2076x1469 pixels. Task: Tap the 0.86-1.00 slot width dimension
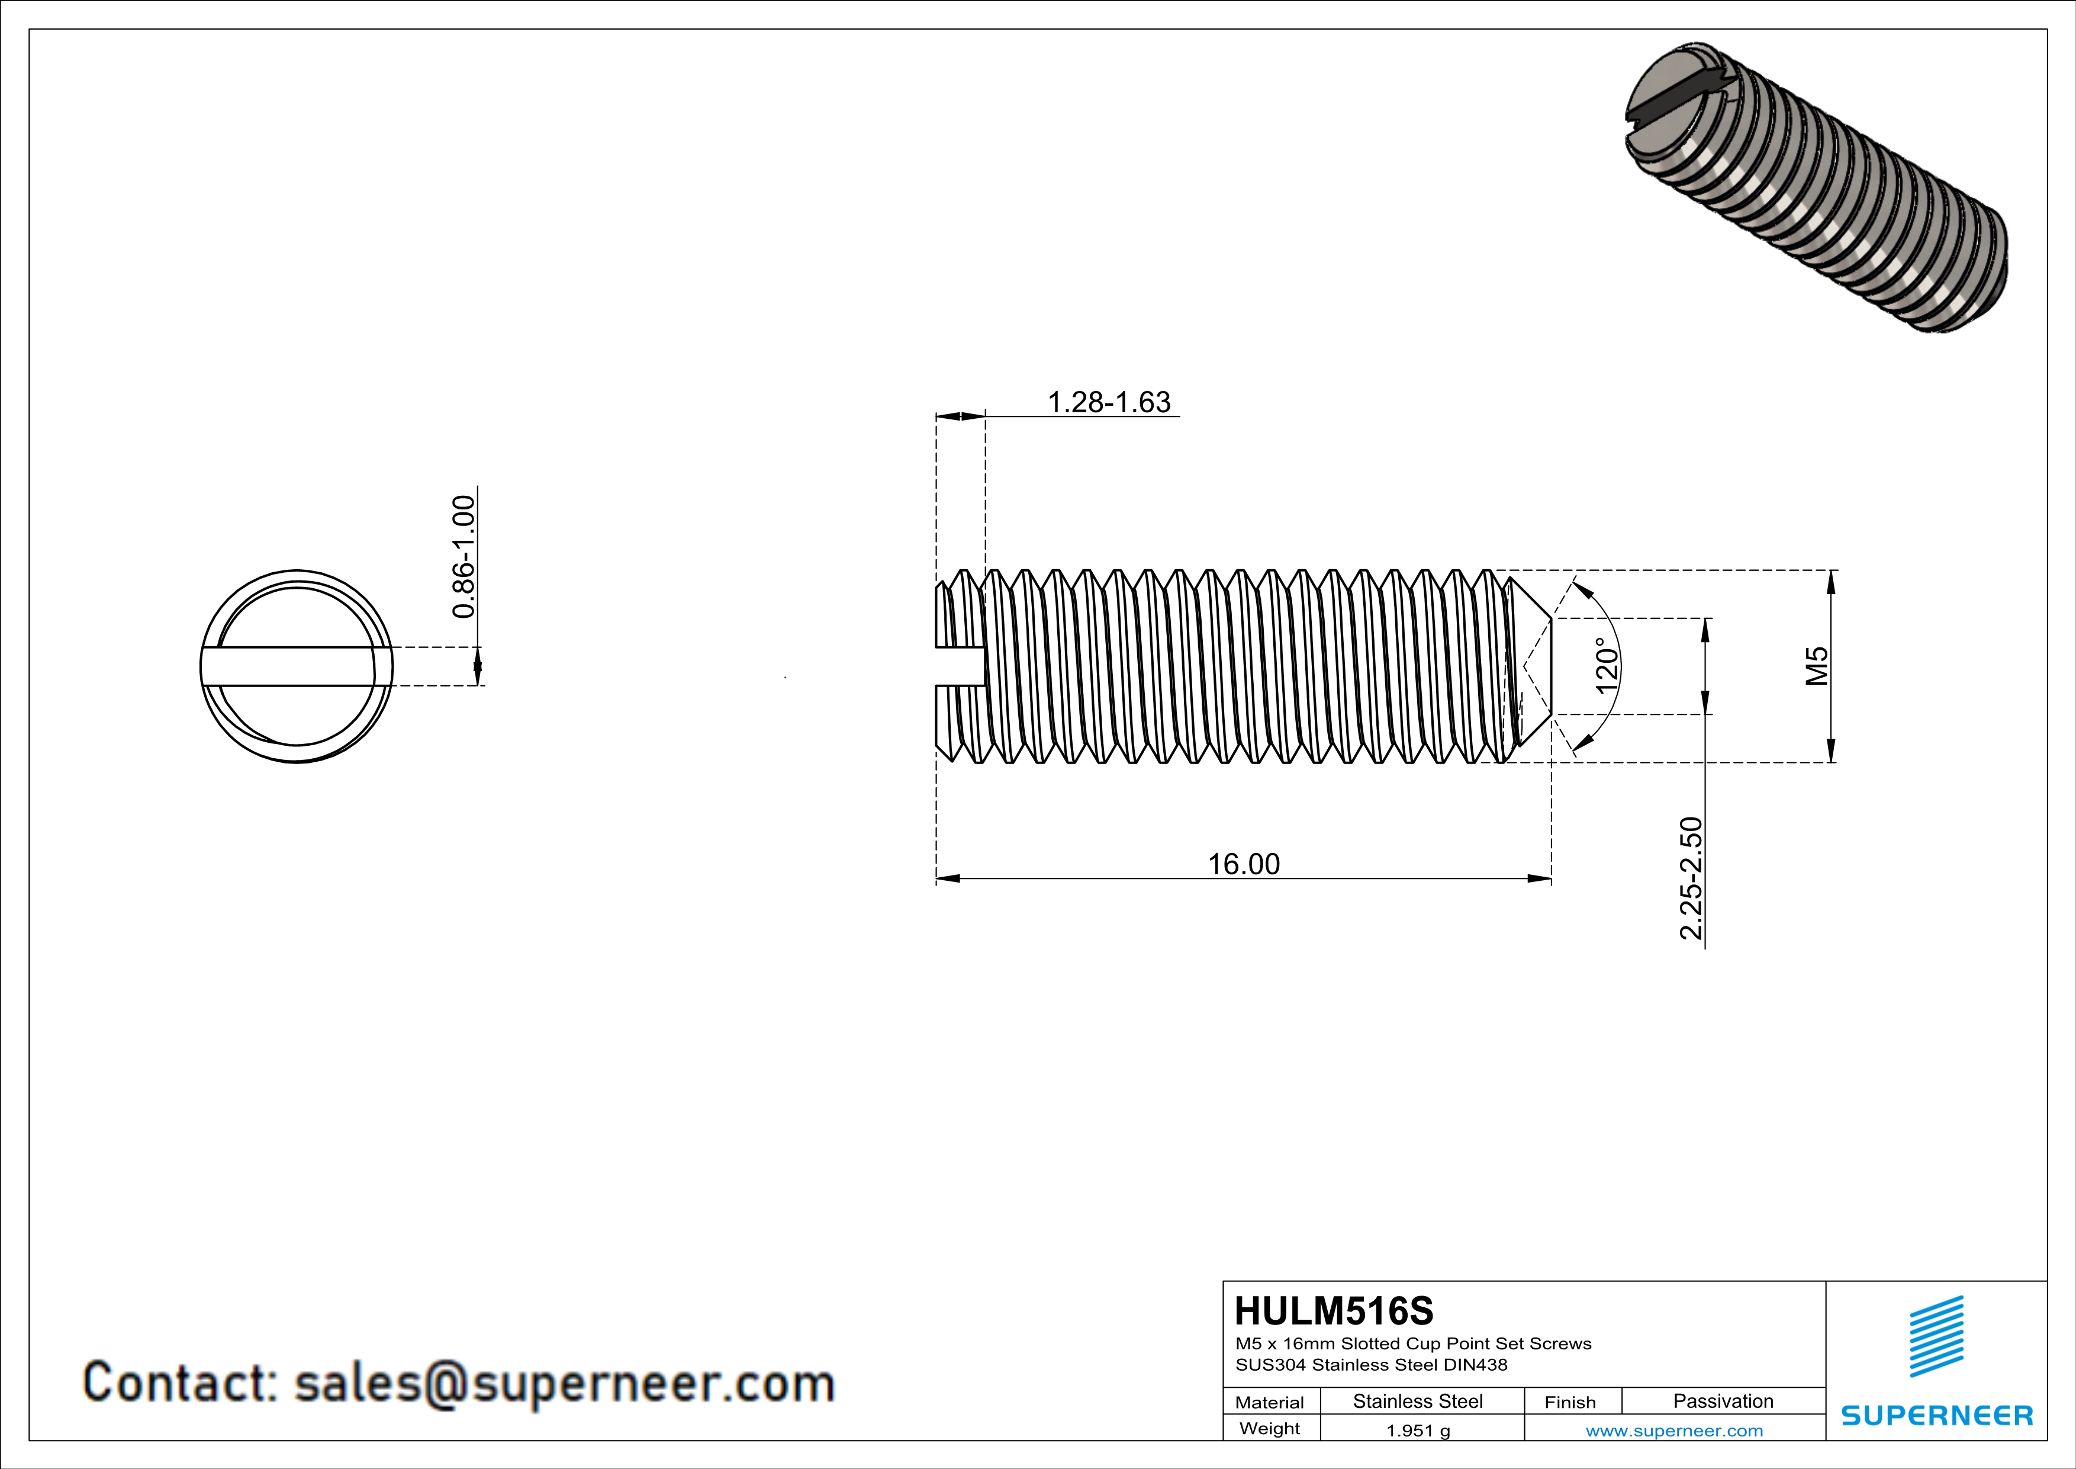click(463, 556)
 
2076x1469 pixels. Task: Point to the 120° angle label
click(1606, 666)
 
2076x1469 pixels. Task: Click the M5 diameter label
click(1817, 666)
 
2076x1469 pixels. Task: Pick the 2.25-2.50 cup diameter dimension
click(1691, 878)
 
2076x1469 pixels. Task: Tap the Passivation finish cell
click(1723, 1401)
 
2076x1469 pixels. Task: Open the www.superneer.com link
click(1673, 1430)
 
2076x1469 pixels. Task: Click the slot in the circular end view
click(289, 666)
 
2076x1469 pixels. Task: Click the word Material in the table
click(1270, 1402)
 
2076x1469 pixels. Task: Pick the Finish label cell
click(1570, 1402)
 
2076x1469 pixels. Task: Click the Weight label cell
click(1270, 1428)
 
